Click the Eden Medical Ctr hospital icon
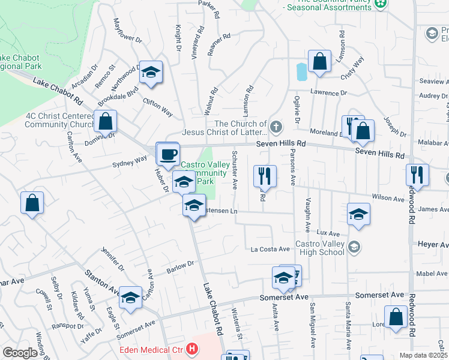click(192, 349)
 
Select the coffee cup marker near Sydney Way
click(167, 154)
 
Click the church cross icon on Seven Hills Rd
click(276, 127)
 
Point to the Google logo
click(20, 353)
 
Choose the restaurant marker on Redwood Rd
click(416, 175)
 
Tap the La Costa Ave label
click(270, 249)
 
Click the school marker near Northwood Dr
click(151, 71)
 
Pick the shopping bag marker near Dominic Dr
click(105, 121)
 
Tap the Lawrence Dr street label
click(328, 93)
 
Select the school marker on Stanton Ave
click(130, 298)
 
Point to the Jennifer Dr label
click(113, 259)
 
